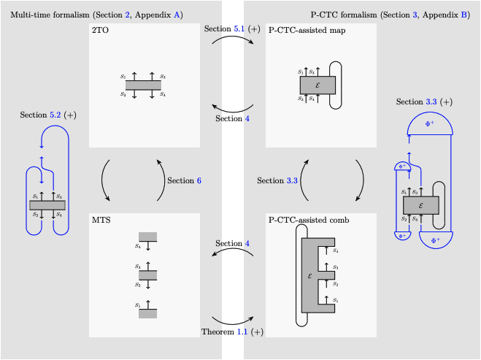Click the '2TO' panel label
101,31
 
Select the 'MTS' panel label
101,220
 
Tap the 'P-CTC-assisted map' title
307,31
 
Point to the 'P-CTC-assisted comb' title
311,220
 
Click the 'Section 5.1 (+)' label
232,28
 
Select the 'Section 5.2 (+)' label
48,115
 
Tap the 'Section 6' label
184,180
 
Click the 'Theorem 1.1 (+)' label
232,332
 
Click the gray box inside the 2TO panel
143,85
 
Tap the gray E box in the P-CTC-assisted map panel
318,85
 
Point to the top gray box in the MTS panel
148,236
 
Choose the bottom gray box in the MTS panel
148,313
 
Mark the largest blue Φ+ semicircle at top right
429,127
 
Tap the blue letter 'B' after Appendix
465,15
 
